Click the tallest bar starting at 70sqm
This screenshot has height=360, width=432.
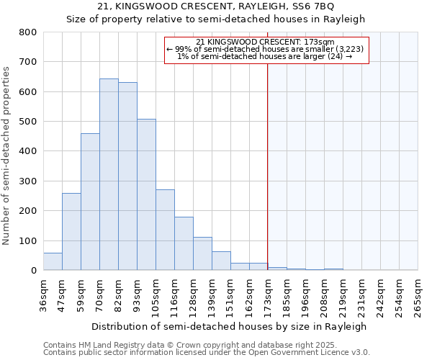[109, 174]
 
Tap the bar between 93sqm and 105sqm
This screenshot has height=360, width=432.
[146, 194]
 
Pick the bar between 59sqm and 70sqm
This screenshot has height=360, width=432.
[90, 202]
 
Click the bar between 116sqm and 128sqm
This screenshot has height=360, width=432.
[184, 243]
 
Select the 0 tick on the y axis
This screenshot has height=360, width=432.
[33, 271]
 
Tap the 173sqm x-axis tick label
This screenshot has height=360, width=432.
[268, 295]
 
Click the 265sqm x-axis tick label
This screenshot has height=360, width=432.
[418, 295]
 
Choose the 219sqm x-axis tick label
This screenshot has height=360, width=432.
[343, 295]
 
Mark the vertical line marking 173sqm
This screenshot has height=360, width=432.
[268, 180]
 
